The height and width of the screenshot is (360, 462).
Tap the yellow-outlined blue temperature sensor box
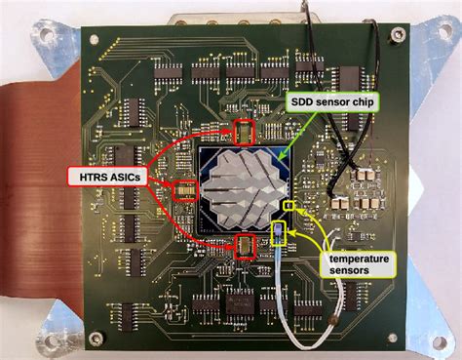[x=281, y=231]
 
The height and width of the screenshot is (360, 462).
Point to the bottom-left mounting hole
[x=47, y=342]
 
